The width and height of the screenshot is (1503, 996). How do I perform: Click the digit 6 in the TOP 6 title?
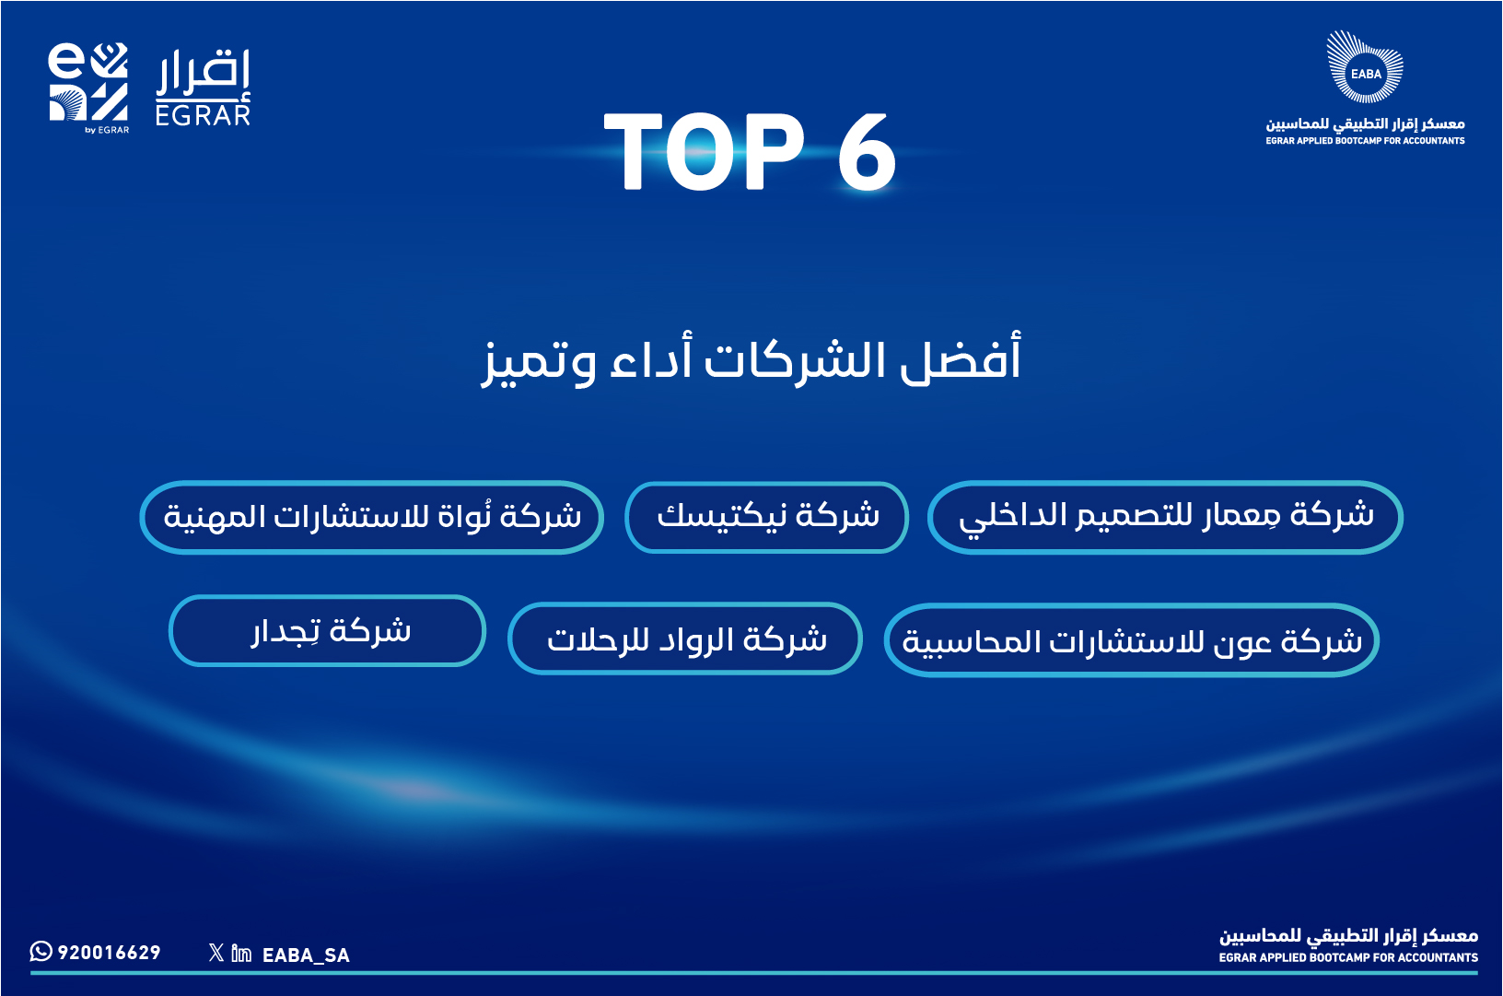(x=867, y=151)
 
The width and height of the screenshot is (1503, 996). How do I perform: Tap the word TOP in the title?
(x=704, y=151)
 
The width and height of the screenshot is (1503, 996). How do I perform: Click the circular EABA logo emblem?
(x=1365, y=66)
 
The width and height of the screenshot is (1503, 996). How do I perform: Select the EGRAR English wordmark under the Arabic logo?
(x=203, y=115)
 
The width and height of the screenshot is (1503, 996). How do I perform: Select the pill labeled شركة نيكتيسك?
(x=766, y=518)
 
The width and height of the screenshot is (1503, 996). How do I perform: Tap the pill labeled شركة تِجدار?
(x=328, y=631)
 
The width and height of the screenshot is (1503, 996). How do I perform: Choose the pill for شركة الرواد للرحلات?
(x=685, y=639)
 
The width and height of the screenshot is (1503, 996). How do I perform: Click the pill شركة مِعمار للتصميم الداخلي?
(x=1165, y=518)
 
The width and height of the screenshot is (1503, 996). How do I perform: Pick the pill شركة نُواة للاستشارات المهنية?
(x=372, y=518)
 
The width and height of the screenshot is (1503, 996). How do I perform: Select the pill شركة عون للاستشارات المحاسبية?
(x=1131, y=640)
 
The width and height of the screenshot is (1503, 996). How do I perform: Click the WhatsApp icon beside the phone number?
(x=41, y=951)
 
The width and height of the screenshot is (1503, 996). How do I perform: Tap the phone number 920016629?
(x=110, y=953)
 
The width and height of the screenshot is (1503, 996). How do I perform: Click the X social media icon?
(x=216, y=953)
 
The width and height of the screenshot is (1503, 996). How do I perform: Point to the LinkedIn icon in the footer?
(x=241, y=953)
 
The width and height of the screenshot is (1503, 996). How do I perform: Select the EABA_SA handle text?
(x=306, y=955)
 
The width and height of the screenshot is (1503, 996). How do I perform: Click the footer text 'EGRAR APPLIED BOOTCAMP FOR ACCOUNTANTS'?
(x=1348, y=957)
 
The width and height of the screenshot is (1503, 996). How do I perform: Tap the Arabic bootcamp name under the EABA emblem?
(x=1365, y=124)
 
